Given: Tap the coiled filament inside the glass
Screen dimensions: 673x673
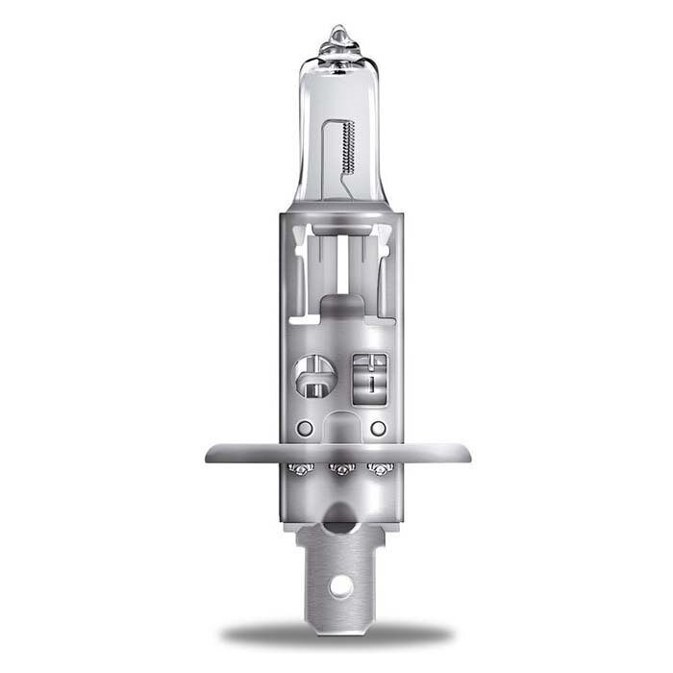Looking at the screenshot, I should (x=349, y=145).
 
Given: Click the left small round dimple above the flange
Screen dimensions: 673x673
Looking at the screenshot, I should (x=304, y=427).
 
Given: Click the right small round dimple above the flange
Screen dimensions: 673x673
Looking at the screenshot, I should (x=378, y=427).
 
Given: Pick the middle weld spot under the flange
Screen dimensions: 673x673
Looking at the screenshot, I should (x=337, y=469).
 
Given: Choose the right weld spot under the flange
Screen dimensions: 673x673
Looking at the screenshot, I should (x=380, y=469).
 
